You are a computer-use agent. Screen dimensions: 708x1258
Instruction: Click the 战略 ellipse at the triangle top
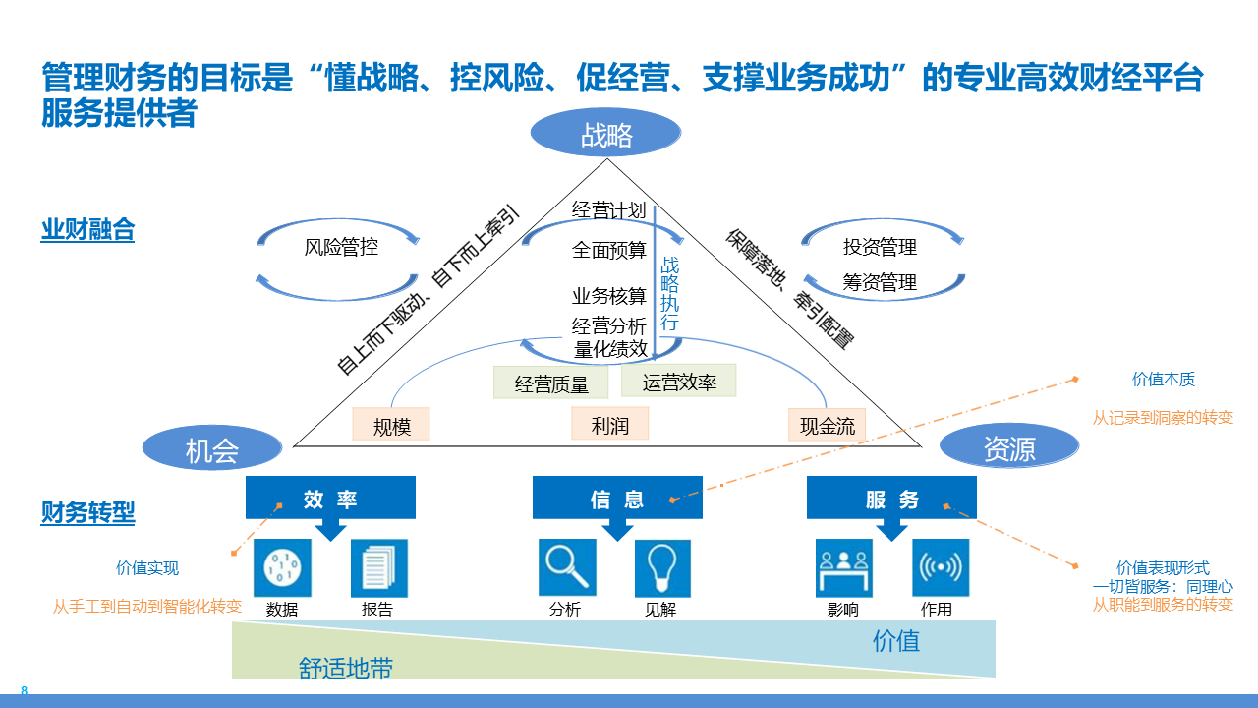[x=605, y=133]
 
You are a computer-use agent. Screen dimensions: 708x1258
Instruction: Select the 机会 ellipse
[x=212, y=448]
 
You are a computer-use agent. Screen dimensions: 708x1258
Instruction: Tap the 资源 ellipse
[x=1009, y=448]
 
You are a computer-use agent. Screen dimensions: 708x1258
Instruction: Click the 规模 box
[x=391, y=425]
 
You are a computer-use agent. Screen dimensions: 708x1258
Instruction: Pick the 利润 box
[x=609, y=424]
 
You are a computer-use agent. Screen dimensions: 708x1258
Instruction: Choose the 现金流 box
[x=827, y=425]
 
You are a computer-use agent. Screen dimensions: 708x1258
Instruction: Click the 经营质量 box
[x=551, y=383]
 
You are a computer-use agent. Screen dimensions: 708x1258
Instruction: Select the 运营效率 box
[x=678, y=381]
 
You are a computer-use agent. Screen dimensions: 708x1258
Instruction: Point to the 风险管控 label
[x=341, y=247]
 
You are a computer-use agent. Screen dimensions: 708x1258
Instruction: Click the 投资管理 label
[x=880, y=247]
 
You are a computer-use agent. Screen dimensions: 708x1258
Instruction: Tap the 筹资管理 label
[x=880, y=282]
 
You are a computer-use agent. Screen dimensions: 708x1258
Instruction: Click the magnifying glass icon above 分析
[x=567, y=567]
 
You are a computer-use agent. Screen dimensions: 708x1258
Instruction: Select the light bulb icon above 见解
[x=661, y=567]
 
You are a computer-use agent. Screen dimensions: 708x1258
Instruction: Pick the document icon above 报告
[x=378, y=567]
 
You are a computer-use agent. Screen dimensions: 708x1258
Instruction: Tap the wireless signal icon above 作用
[x=940, y=567]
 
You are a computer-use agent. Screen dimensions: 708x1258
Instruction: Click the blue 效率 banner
[x=330, y=498]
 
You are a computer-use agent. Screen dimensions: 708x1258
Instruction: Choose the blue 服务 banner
[x=891, y=498]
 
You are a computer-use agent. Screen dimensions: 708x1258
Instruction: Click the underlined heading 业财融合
[x=87, y=230]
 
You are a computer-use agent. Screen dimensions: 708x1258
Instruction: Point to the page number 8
[x=24, y=691]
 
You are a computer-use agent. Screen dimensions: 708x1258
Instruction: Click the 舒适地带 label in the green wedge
[x=346, y=669]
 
